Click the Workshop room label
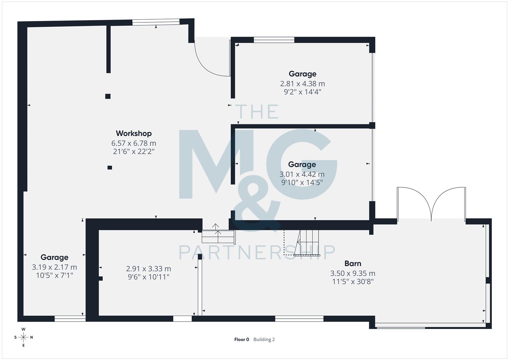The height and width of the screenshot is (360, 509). pos(134,133)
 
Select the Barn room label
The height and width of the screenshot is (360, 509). pos(353,264)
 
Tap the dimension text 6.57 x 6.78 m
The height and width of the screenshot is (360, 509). pos(134,143)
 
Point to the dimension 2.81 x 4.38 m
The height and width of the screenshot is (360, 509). pos(302,84)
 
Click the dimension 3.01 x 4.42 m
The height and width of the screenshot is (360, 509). pos(302,174)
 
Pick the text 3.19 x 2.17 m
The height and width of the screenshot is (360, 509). pos(54,267)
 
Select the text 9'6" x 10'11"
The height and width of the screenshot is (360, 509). pos(148,277)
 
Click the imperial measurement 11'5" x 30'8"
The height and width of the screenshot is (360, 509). pos(353,282)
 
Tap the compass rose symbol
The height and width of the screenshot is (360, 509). pos(23,337)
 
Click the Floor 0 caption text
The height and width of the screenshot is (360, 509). pos(242,340)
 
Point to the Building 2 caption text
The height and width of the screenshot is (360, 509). pos(264,340)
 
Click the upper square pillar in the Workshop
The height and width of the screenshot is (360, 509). pos(108,96)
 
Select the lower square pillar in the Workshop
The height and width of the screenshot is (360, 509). pos(110,167)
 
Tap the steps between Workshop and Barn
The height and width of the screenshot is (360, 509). pos(218,233)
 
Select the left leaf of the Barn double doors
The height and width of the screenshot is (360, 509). pos(413,203)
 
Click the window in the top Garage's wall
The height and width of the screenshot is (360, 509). pos(274,40)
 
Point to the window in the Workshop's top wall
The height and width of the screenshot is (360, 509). pos(156,22)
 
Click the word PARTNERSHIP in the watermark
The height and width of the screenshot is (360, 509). pos(257,252)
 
